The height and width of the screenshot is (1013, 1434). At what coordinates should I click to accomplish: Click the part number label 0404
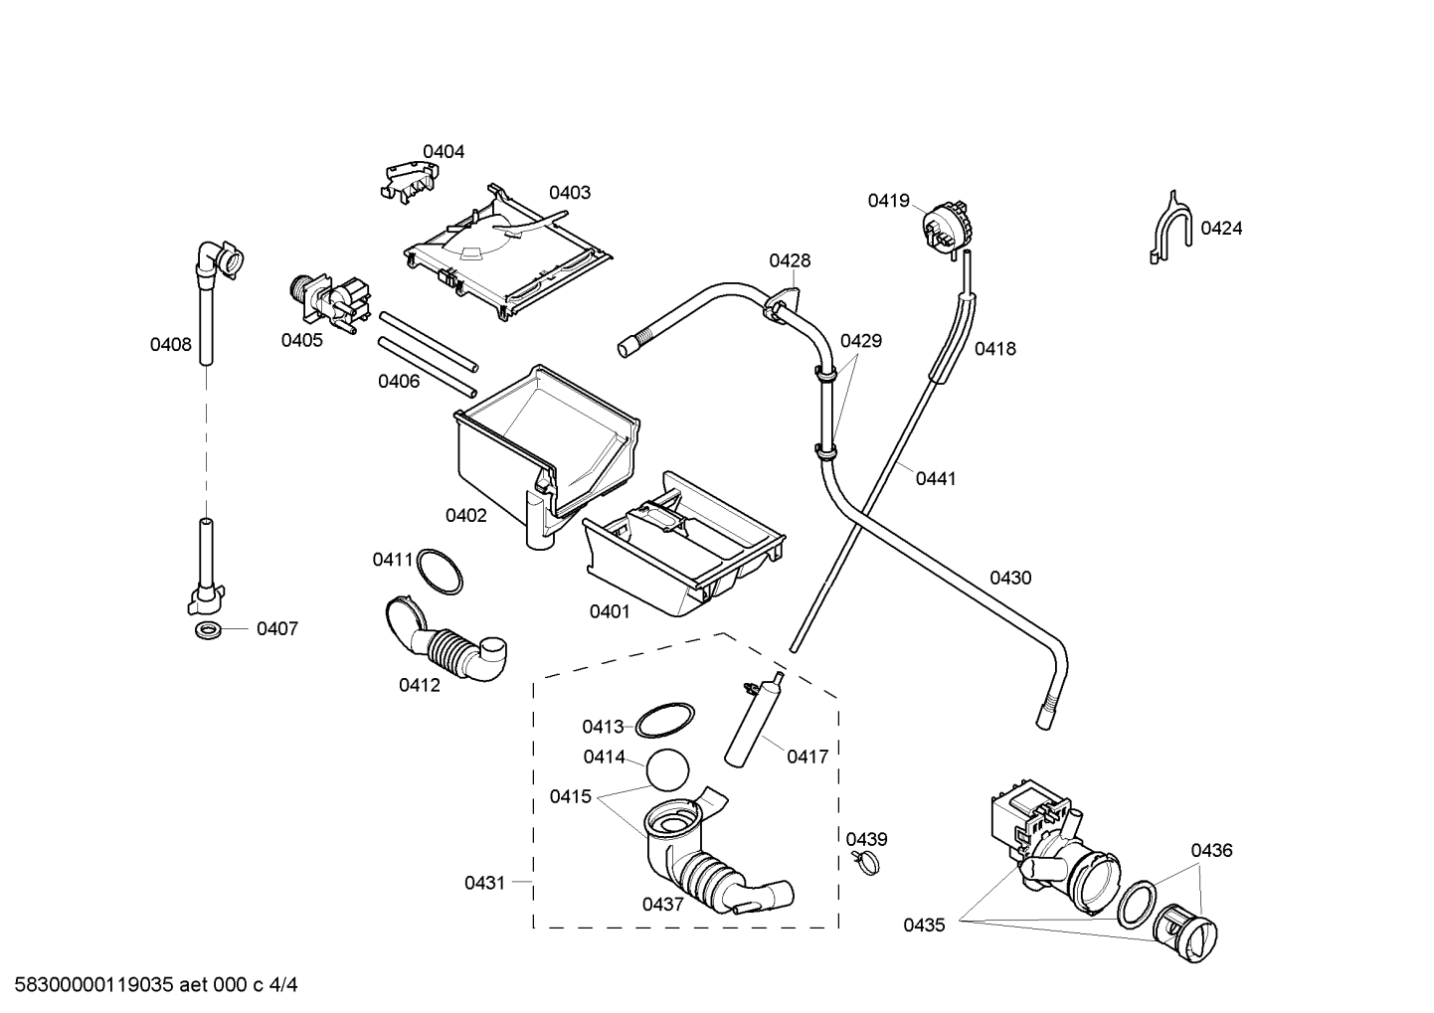pyautogui.click(x=444, y=152)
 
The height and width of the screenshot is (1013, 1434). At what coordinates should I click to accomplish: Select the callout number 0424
pyautogui.click(x=1221, y=229)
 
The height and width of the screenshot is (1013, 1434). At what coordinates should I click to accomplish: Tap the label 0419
pyautogui.click(x=889, y=201)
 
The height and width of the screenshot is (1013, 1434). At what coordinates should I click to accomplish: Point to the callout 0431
pyautogui.click(x=485, y=883)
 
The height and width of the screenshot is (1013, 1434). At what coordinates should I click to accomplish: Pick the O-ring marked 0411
pyautogui.click(x=440, y=572)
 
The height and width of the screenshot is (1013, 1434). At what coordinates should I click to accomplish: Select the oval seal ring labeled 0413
pyautogui.click(x=664, y=720)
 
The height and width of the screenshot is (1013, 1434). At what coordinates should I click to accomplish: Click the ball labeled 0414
pyautogui.click(x=667, y=770)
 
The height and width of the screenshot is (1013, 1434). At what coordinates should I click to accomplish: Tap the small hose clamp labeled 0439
pyautogui.click(x=866, y=862)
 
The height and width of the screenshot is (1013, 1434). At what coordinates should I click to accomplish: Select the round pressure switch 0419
pyautogui.click(x=947, y=228)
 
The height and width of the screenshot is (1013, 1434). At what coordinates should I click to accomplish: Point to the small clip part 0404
pyautogui.click(x=409, y=182)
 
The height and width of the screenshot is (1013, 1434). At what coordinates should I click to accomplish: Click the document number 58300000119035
pyautogui.click(x=94, y=985)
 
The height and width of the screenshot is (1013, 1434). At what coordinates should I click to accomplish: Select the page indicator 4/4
pyautogui.click(x=283, y=985)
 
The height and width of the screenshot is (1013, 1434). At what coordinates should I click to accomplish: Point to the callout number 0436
pyautogui.click(x=1211, y=850)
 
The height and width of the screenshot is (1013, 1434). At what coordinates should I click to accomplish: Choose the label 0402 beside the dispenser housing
pyautogui.click(x=466, y=515)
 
